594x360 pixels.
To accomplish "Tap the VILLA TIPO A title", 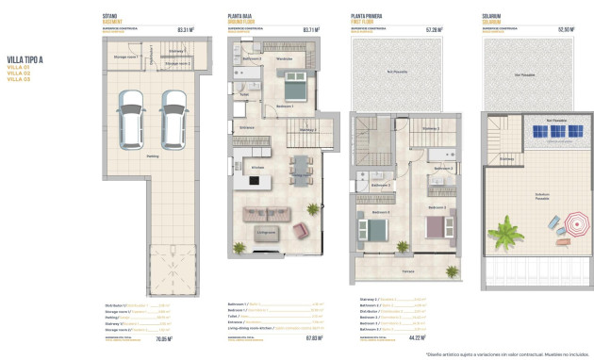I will tap(25, 59).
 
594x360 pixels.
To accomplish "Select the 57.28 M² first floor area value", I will tap(434, 29).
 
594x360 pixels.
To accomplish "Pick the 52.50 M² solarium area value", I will tap(565, 29).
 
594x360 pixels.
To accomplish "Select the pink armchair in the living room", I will tap(299, 230).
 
